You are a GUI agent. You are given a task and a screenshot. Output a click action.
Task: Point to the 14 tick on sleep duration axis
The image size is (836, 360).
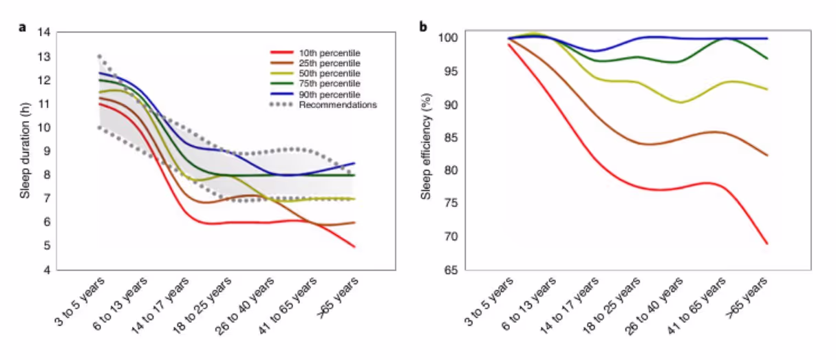coord(45,32)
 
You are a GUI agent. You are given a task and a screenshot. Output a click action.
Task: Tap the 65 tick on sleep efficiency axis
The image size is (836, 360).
coord(450,270)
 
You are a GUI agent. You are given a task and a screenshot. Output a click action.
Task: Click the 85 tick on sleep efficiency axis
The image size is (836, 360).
coord(450,138)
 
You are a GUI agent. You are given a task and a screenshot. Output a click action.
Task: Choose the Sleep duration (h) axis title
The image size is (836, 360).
coord(25,151)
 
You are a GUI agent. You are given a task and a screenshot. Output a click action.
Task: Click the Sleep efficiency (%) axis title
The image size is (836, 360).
coord(427,151)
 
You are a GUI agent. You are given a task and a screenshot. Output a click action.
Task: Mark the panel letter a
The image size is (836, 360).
coord(23,28)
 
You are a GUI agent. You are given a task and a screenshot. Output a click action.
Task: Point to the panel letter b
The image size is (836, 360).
coord(423,28)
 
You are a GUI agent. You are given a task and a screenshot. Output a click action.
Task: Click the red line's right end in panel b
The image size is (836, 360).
coord(767,244)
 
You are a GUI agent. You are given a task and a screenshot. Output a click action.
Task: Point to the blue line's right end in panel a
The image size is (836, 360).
coord(355,163)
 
